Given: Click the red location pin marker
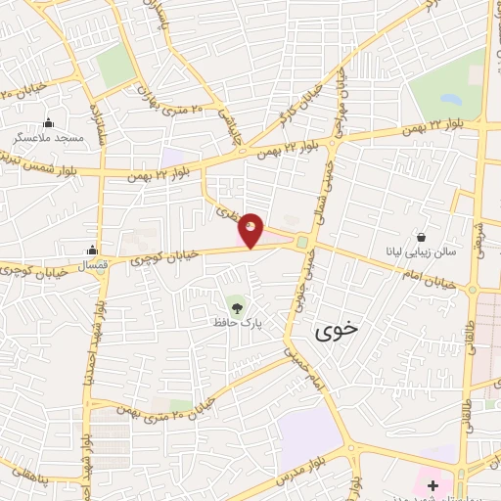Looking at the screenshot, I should click(251, 229).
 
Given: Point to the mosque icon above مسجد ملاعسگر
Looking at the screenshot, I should click(49, 123).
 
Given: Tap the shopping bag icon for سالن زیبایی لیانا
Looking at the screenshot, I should click(421, 237).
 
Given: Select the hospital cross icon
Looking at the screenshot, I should click(433, 484).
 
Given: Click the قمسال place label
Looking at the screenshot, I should click(92, 265).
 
